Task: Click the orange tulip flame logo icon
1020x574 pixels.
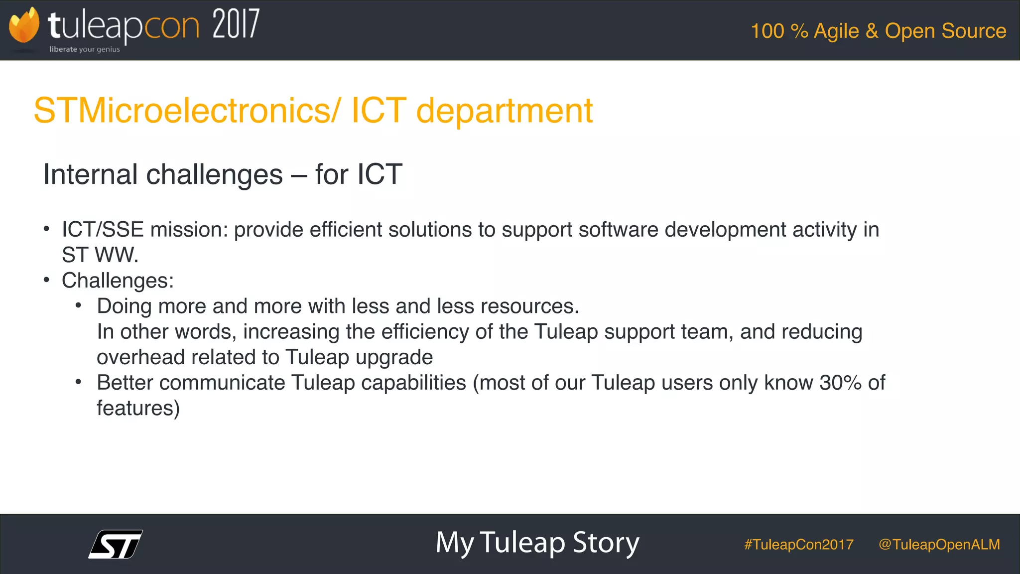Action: tap(24, 26)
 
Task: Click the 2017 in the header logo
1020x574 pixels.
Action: tap(236, 25)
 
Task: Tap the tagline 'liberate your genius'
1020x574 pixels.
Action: tap(85, 49)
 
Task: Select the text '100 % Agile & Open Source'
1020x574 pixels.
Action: tap(878, 31)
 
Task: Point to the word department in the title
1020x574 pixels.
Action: tap(504, 111)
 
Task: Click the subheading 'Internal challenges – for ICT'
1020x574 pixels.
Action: tap(222, 174)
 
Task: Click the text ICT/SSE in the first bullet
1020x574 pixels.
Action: tap(103, 230)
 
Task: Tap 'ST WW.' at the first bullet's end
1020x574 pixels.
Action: tap(100, 255)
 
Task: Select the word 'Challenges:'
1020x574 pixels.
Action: tap(118, 281)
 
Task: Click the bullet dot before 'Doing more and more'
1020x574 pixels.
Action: tap(78, 305)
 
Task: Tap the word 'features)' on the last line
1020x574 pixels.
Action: tap(138, 408)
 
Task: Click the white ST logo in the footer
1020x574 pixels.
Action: tap(116, 544)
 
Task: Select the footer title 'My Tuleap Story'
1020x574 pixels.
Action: tap(537, 543)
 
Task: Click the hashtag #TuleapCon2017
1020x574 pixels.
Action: tap(798, 545)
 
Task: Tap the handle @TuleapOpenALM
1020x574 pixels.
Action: tap(939, 545)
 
